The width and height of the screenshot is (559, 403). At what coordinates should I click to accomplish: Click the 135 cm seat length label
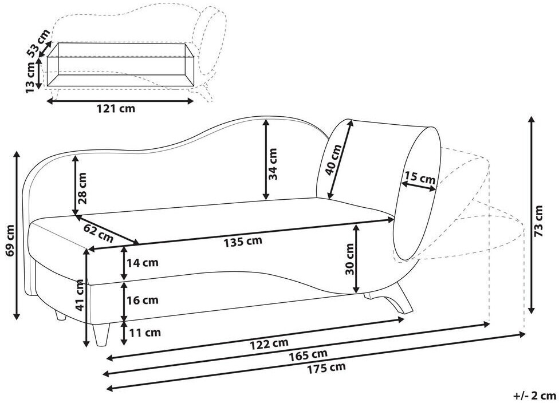[243, 242]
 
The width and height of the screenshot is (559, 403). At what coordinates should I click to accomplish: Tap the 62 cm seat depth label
[99, 232]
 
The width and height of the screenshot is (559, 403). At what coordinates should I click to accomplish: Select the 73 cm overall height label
[538, 221]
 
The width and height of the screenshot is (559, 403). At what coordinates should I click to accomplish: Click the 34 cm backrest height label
[273, 164]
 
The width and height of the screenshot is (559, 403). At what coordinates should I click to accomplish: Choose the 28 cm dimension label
[82, 188]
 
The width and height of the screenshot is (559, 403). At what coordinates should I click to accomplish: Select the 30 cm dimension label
[350, 259]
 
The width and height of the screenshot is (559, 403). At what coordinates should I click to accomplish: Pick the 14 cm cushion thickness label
[143, 263]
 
